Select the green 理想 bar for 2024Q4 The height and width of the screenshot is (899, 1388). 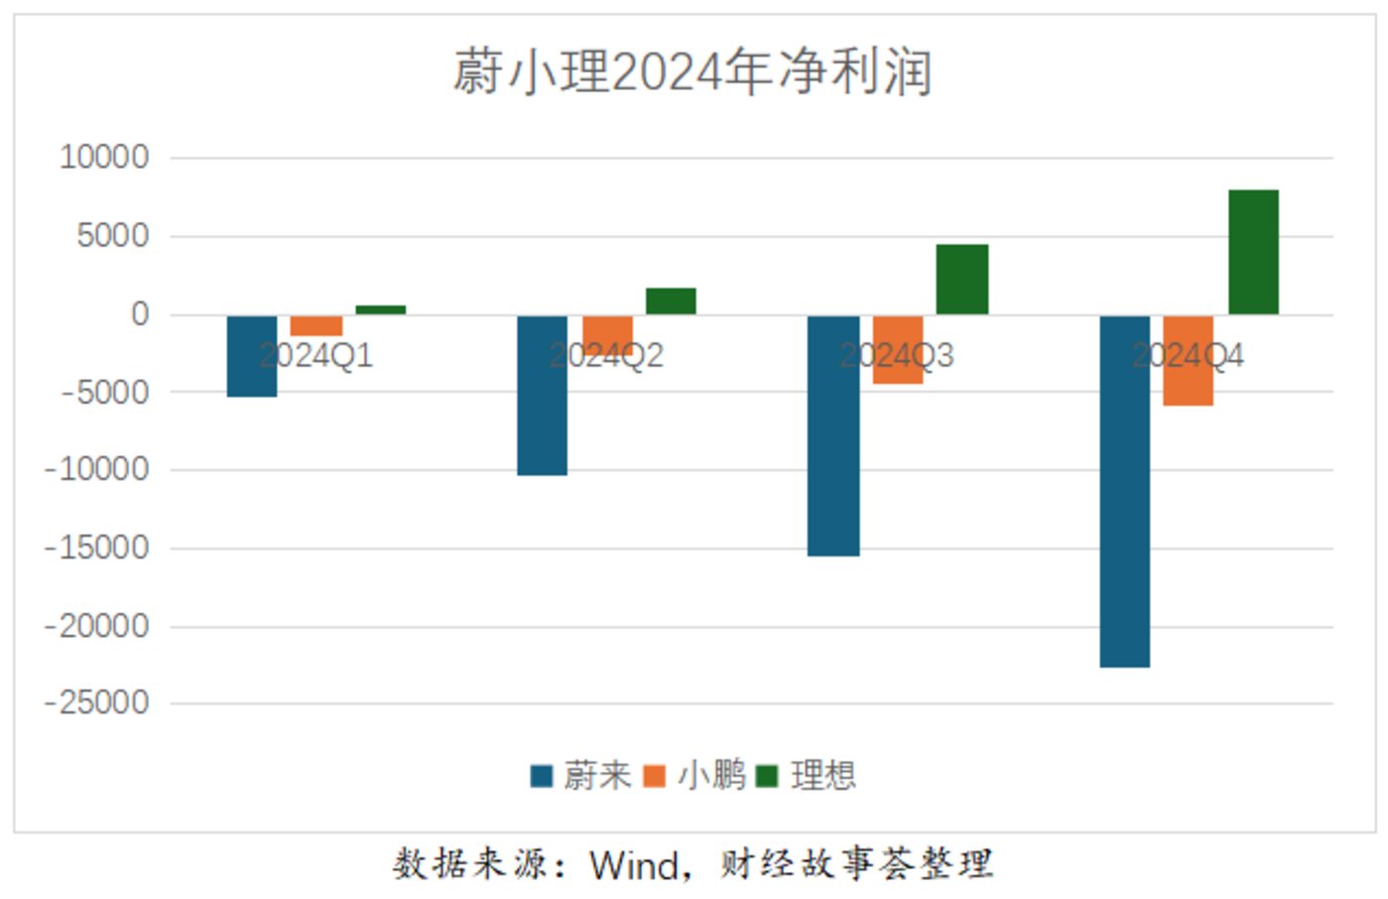(x=1253, y=252)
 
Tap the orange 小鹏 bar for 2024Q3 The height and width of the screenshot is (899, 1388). (x=898, y=349)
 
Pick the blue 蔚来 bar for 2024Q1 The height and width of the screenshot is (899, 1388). (x=252, y=356)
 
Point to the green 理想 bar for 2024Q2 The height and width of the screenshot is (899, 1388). (x=671, y=302)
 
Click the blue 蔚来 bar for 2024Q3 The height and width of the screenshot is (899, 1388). (x=833, y=436)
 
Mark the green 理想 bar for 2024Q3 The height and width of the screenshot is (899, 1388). (x=961, y=280)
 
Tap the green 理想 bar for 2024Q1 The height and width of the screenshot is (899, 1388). (x=380, y=310)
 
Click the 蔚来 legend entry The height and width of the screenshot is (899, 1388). (x=581, y=775)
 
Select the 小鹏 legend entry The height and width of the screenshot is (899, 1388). (x=694, y=775)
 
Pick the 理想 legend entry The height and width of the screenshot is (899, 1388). (x=807, y=775)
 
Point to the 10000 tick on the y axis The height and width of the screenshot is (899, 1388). (x=104, y=157)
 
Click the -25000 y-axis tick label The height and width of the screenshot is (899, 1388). (x=97, y=704)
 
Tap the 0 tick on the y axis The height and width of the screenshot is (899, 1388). (x=140, y=315)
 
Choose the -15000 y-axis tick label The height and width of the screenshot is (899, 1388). (x=97, y=548)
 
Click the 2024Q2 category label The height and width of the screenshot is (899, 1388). (x=606, y=355)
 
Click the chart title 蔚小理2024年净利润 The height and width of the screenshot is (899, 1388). (x=693, y=72)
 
